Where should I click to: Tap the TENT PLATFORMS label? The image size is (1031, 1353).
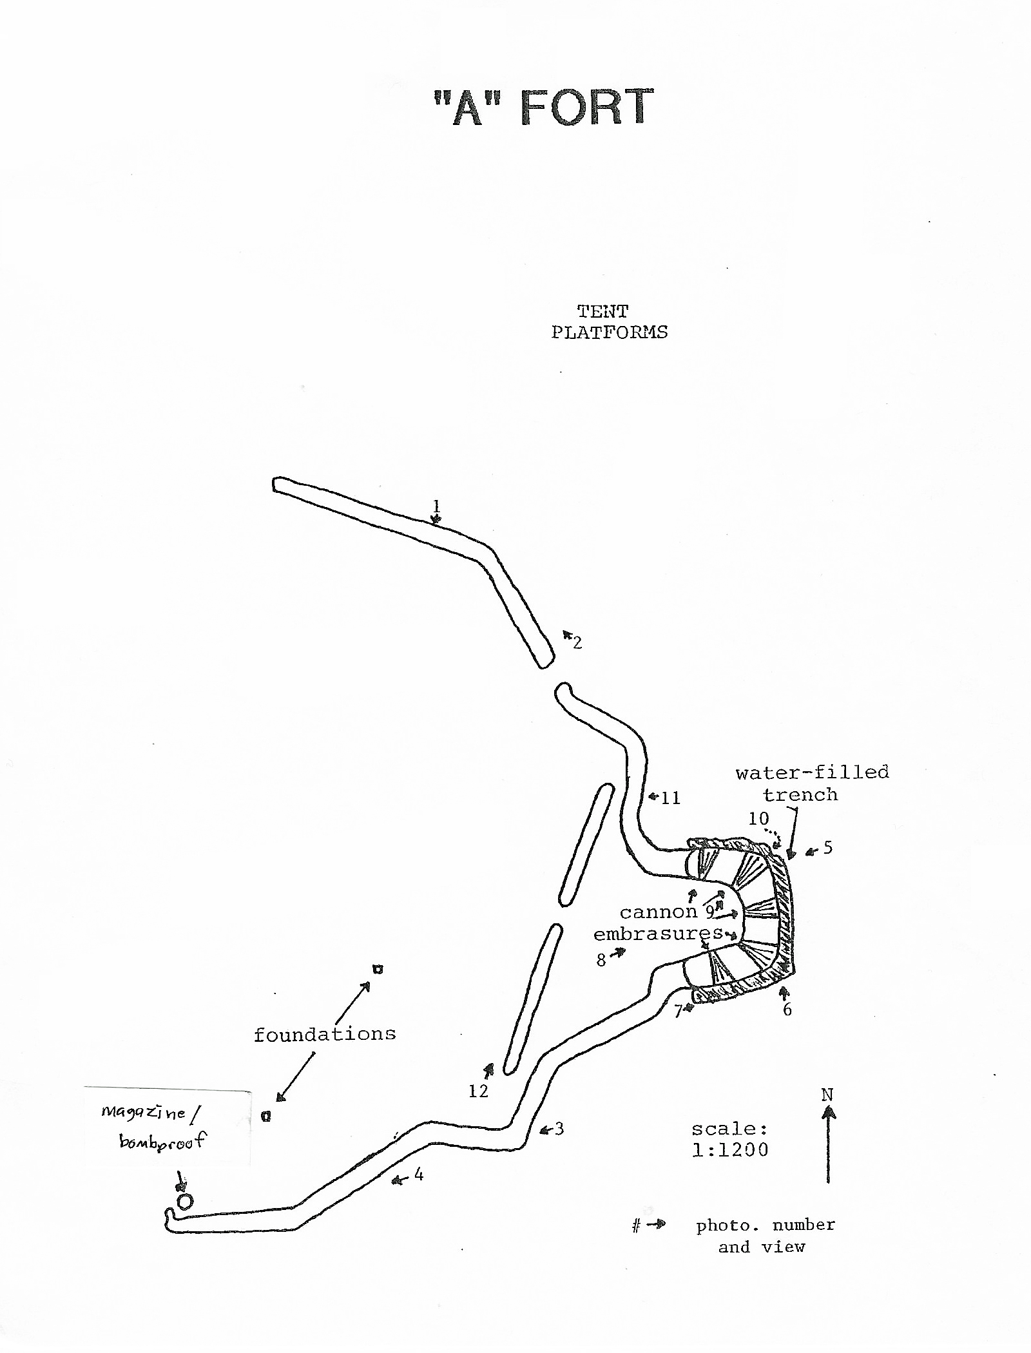609,322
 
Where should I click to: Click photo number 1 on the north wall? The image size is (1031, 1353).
436,505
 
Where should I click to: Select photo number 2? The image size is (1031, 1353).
577,642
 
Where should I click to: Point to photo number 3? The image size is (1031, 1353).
559,1129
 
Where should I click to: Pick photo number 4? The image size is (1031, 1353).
419,1175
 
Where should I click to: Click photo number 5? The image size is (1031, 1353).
828,848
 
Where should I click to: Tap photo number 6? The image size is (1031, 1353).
787,1010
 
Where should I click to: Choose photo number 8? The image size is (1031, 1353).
601,961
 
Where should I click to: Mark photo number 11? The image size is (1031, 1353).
671,798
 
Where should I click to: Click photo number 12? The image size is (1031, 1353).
479,1091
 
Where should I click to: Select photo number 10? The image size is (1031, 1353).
758,819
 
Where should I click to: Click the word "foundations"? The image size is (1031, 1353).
324,1035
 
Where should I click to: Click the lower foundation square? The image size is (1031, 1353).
265,1117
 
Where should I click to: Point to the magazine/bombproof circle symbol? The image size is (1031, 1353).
185,1202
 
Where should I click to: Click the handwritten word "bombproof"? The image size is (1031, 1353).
162,1142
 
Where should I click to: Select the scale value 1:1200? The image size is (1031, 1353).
730,1150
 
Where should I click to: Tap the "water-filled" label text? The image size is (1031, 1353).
812,772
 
